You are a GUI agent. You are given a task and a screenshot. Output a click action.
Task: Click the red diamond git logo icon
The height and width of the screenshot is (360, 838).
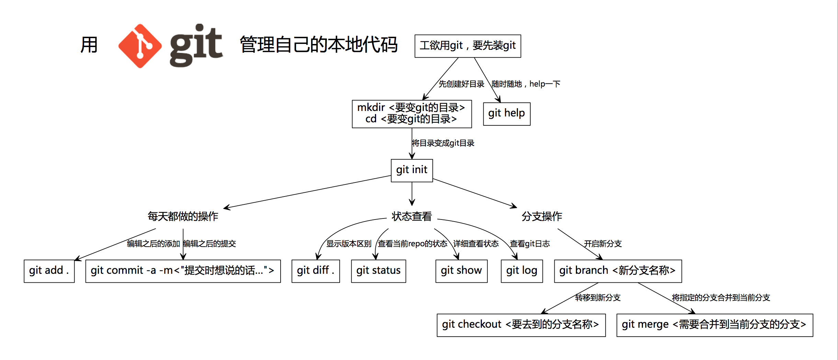click(140, 46)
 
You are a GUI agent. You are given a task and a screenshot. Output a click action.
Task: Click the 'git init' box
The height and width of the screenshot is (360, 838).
click(411, 170)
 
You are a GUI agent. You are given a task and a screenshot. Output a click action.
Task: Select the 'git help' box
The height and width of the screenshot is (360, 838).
click(506, 113)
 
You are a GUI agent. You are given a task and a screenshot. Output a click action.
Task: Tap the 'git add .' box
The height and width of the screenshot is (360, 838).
click(49, 271)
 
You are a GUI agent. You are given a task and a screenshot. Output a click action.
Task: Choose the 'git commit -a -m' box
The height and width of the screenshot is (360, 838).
click(183, 271)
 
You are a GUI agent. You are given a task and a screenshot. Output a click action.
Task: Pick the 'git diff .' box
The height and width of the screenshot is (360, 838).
click(315, 271)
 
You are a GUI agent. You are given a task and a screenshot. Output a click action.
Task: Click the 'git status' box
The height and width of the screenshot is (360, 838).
click(378, 271)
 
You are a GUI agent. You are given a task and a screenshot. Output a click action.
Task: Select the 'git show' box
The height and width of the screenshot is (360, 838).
click(461, 271)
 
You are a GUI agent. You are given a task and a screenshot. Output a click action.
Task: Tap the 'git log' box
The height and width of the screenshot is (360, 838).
click(521, 271)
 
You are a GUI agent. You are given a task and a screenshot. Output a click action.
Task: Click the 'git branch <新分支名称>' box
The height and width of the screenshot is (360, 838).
click(618, 271)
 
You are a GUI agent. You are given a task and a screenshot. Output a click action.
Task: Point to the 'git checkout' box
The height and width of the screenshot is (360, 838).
click(521, 325)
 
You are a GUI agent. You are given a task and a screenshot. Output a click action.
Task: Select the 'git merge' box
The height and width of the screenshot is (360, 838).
click(714, 325)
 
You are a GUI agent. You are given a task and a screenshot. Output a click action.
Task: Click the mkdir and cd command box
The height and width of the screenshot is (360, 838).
click(411, 114)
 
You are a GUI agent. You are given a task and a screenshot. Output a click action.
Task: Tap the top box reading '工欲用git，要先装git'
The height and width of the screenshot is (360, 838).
click(467, 46)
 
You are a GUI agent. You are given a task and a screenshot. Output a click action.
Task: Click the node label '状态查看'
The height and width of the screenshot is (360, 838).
click(411, 216)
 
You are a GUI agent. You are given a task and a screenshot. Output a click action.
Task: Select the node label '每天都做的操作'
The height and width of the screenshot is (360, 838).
click(183, 216)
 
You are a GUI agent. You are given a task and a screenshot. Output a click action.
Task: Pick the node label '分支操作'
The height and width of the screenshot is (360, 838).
click(542, 216)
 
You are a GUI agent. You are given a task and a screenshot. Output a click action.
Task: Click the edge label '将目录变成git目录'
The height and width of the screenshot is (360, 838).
click(443, 143)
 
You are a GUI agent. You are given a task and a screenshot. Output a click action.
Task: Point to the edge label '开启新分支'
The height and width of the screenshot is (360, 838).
click(603, 244)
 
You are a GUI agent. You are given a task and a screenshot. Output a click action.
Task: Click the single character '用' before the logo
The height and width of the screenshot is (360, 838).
click(89, 45)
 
